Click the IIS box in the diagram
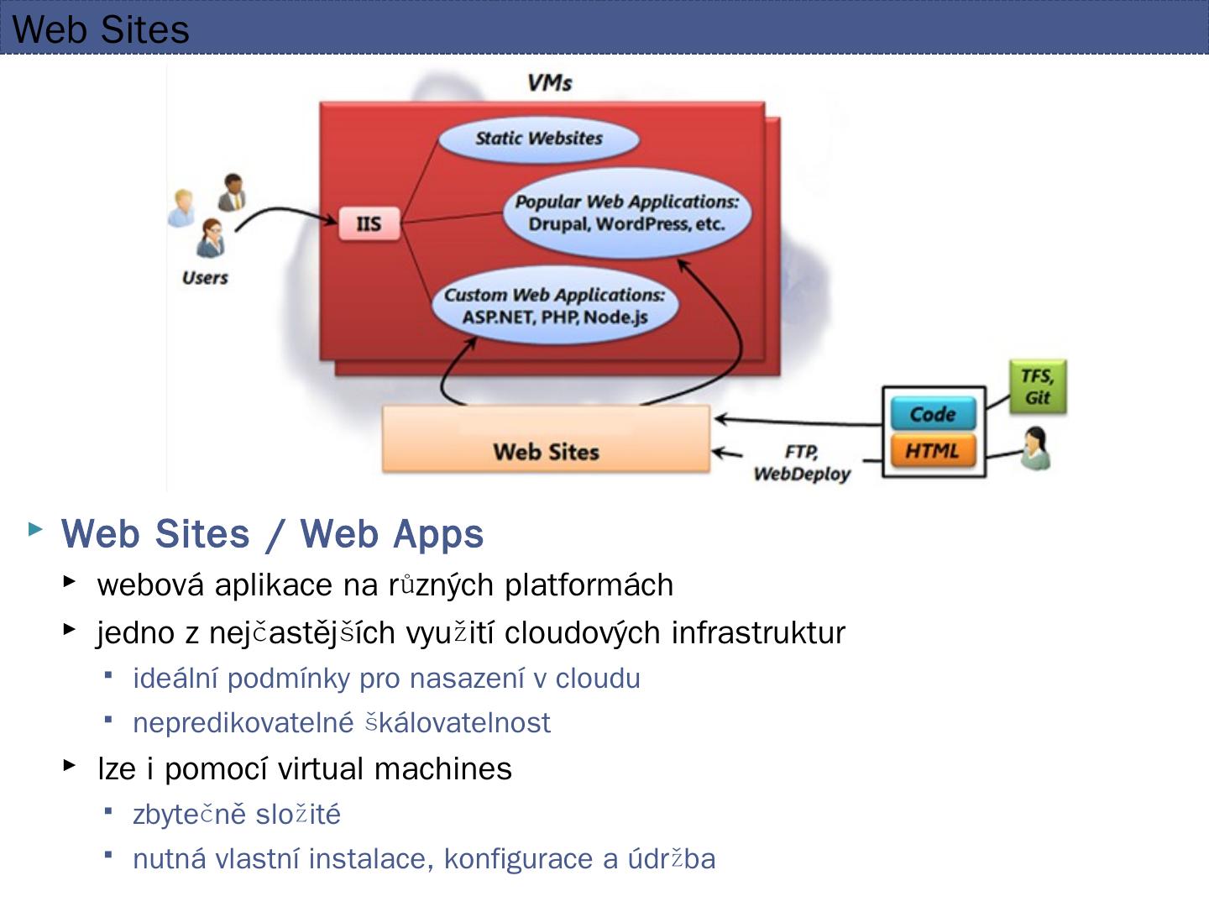[x=369, y=224]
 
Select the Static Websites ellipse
[x=538, y=139]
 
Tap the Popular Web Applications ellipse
[x=626, y=212]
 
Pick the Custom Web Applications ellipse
[x=554, y=306]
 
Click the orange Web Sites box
[x=546, y=439]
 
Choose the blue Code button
[x=933, y=414]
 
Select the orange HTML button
[x=933, y=451]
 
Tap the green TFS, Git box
[x=1038, y=387]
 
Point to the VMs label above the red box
[x=550, y=82]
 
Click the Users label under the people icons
[x=205, y=278]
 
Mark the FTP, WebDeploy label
[x=802, y=464]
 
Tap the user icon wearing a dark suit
[x=232, y=192]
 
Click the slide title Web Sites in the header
[x=101, y=29]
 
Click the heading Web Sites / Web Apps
[x=272, y=534]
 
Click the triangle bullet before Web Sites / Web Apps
[x=35, y=529]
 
